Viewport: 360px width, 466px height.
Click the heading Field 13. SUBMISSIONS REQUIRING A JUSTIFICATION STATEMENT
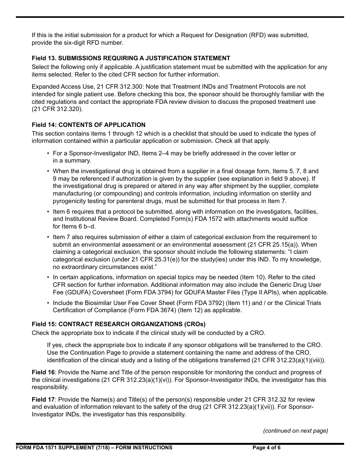[131, 58]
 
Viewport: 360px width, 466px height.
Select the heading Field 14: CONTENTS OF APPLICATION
[88, 125]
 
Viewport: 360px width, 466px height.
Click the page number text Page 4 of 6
[266, 447]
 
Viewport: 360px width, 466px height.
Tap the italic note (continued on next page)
[296, 431]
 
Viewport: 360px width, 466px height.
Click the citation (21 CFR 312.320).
[57, 109]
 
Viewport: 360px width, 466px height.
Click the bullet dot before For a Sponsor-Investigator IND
[48, 153]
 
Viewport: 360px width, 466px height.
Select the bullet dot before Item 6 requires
[48, 211]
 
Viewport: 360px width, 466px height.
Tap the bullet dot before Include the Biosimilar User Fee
[48, 303]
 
